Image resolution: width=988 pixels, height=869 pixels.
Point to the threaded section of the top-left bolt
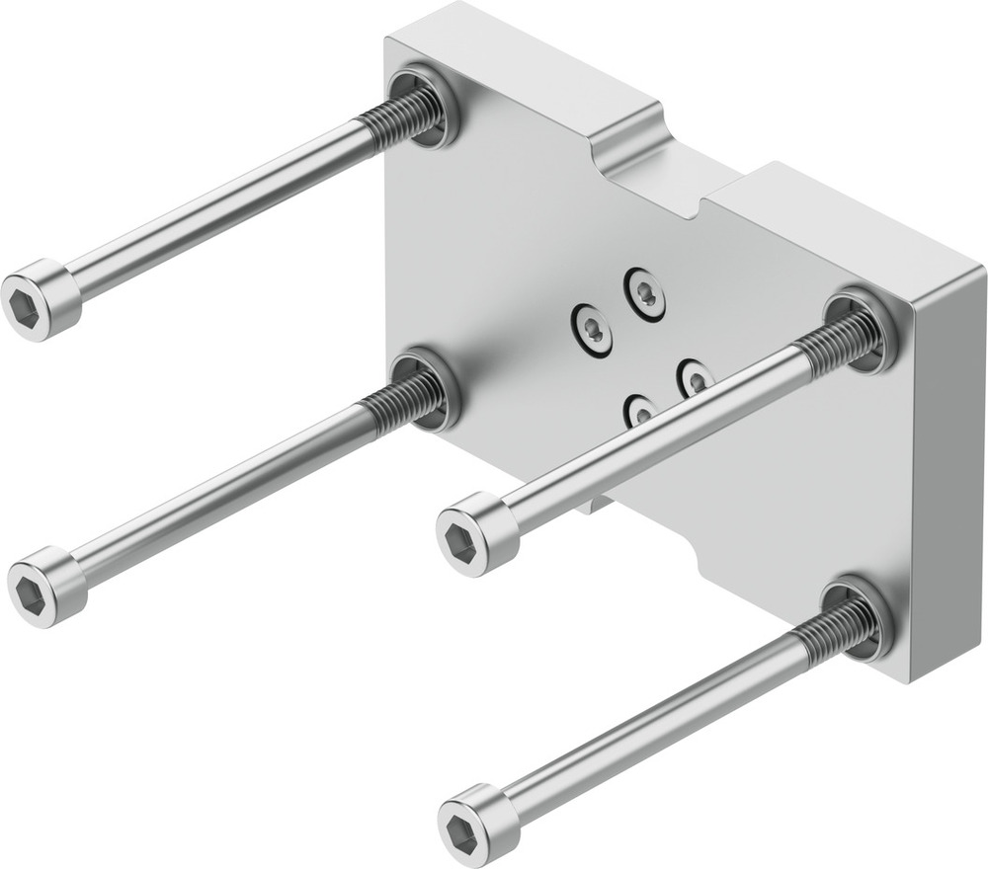point(399,118)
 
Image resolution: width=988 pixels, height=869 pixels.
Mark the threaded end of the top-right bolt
point(836,341)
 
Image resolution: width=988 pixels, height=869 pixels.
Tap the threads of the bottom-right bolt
point(835,632)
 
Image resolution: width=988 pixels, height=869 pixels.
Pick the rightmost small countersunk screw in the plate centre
point(696,377)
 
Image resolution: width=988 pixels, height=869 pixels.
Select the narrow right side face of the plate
point(948,474)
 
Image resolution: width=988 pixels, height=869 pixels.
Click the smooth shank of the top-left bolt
point(217,208)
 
